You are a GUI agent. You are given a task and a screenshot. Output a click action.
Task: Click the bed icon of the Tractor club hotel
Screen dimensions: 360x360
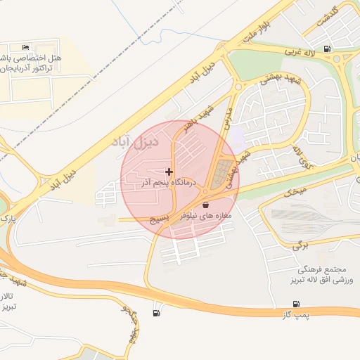coord(26,46)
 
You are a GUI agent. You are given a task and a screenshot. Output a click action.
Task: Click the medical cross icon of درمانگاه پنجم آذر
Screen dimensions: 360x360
coord(169,172)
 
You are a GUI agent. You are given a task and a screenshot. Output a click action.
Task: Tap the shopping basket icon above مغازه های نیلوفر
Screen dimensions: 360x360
coord(205,205)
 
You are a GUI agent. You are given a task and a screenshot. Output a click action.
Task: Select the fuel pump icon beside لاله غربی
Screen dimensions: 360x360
coord(328,50)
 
